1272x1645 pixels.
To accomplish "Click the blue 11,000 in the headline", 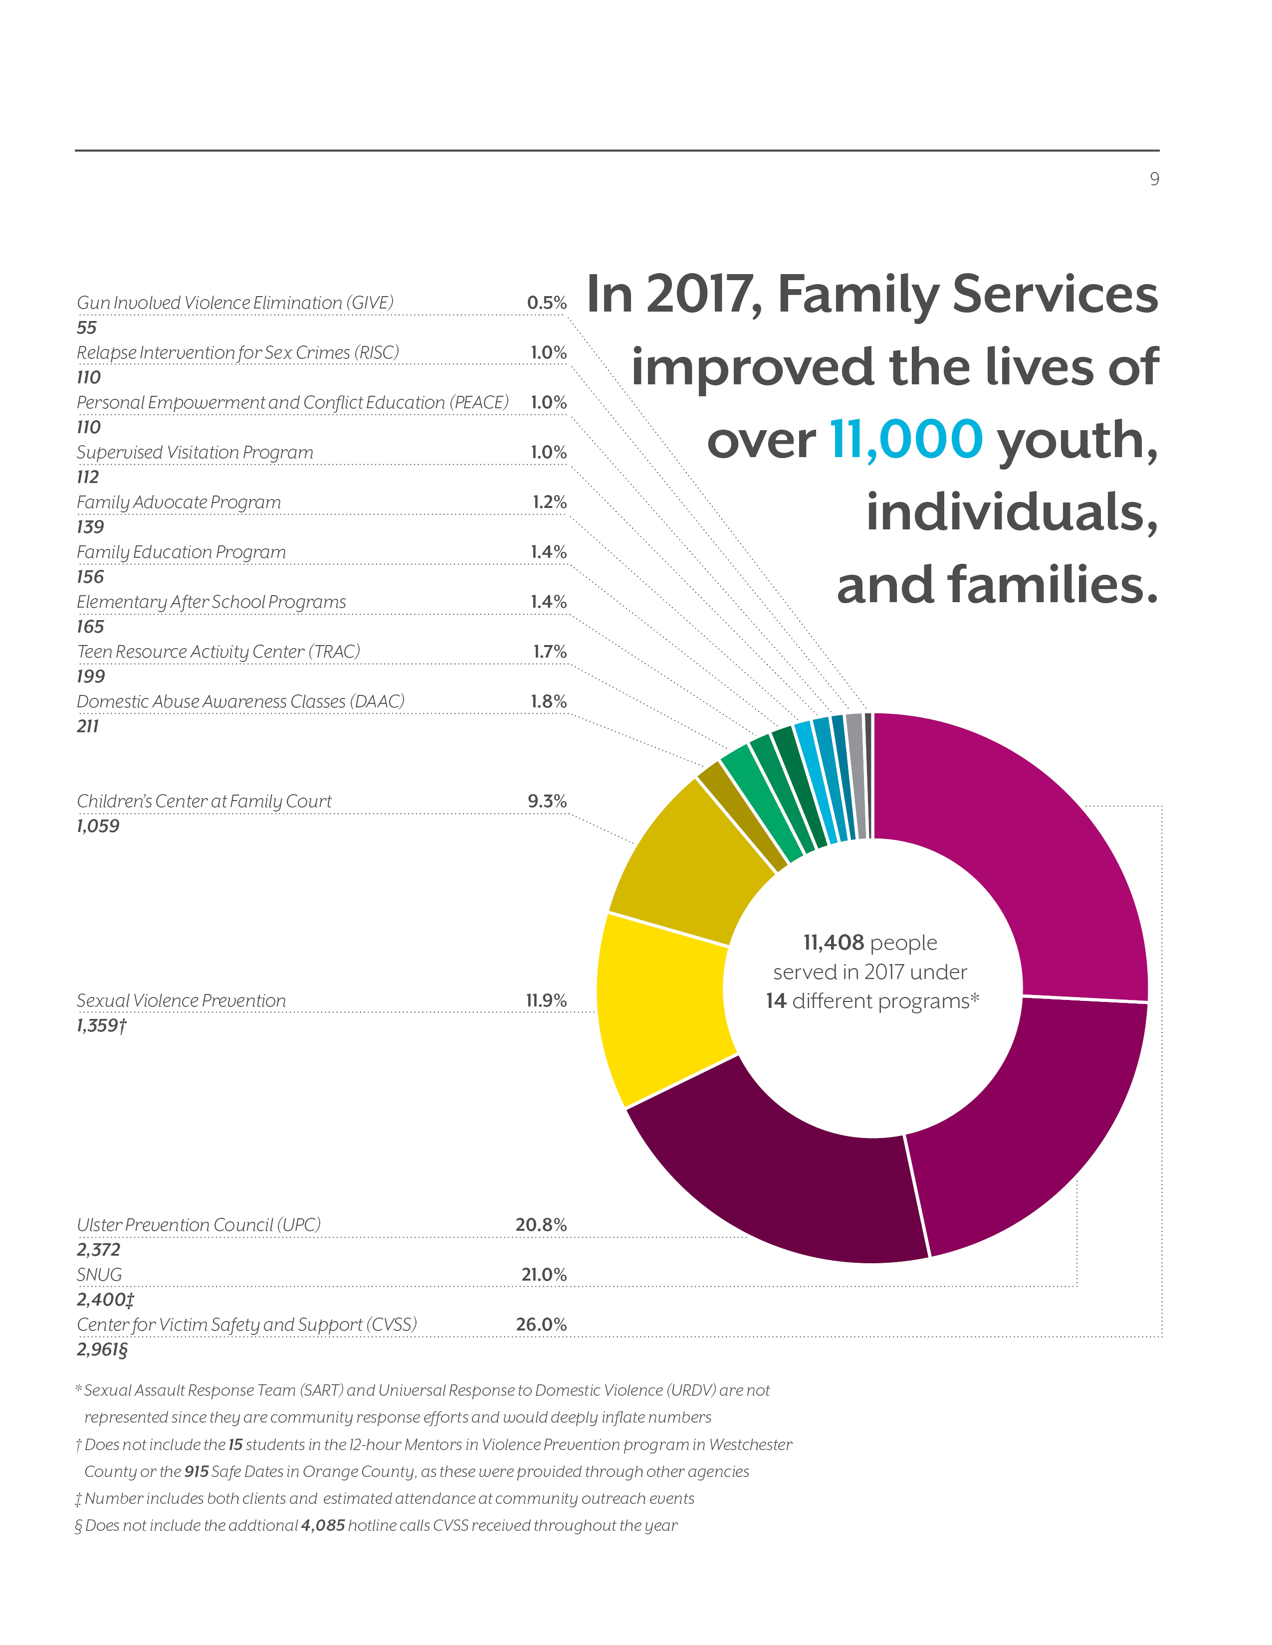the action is [x=906, y=439].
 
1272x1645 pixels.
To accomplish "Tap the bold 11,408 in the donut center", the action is [x=834, y=942].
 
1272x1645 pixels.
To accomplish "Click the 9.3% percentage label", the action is [x=547, y=802].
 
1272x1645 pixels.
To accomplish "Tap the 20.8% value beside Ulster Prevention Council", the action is [x=541, y=1225].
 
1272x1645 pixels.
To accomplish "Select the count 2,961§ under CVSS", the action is [x=102, y=1349].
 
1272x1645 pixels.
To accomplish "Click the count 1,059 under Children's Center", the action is [x=98, y=826].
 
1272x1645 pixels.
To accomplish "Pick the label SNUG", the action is [x=99, y=1275].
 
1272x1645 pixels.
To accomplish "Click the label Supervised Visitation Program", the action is [x=195, y=453].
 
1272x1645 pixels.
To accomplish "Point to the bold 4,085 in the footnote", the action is [x=323, y=1525].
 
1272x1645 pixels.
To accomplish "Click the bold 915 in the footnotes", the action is [x=196, y=1471].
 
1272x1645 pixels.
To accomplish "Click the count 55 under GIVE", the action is [x=87, y=328].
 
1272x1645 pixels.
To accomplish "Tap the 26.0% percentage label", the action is [x=541, y=1324].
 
